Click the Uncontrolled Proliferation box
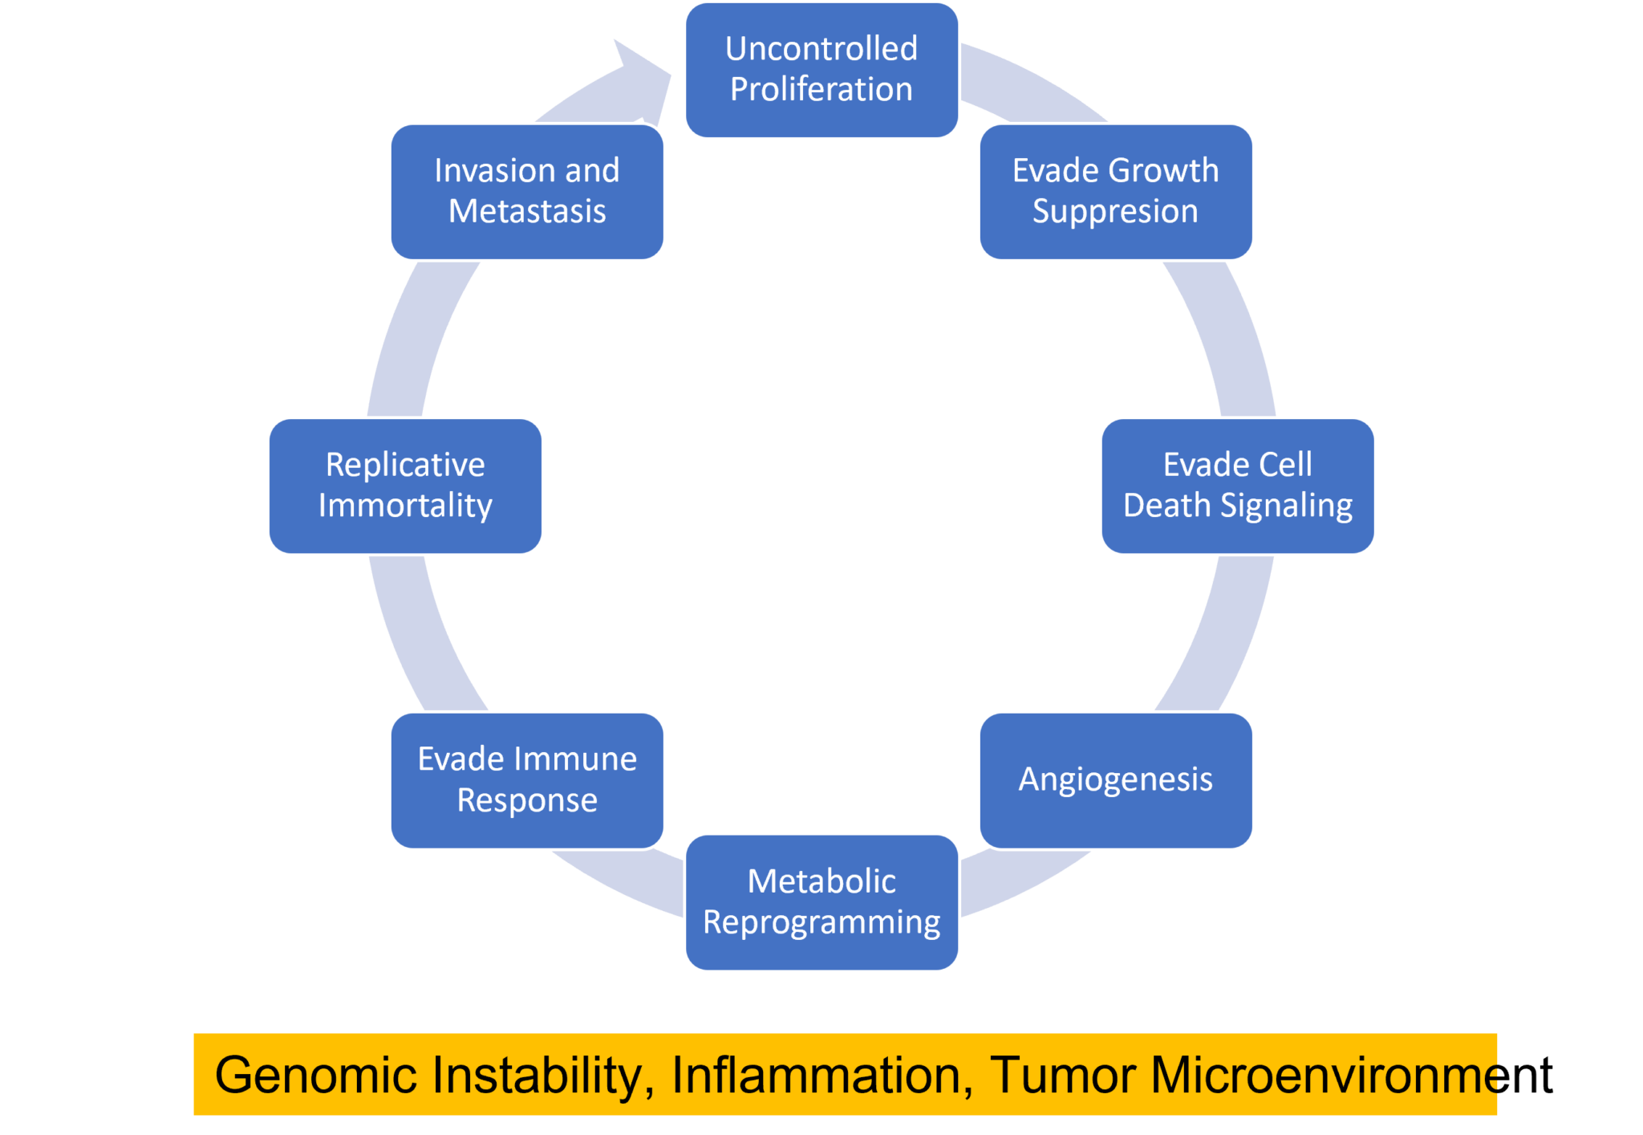click(x=821, y=70)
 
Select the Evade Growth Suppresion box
click(x=1116, y=192)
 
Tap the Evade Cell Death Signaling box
click(x=1238, y=486)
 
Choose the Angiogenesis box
click(x=1116, y=780)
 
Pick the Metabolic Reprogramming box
click(x=821, y=902)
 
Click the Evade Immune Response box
click(x=527, y=780)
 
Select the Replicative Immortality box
click(x=405, y=486)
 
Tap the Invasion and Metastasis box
click(x=527, y=192)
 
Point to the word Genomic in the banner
click(x=316, y=1075)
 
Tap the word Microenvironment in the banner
click(x=1352, y=1075)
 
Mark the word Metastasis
click(x=527, y=211)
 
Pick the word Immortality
click(x=405, y=506)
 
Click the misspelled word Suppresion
click(x=1115, y=212)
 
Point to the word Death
click(x=1166, y=506)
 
